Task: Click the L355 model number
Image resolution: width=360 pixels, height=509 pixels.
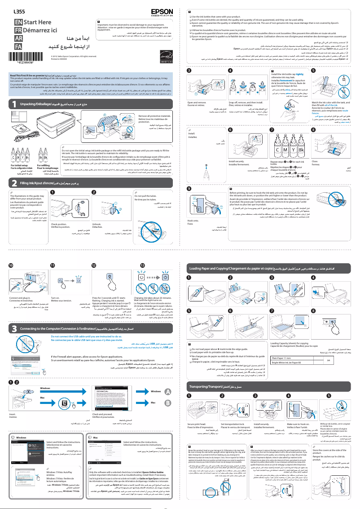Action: click(x=19, y=10)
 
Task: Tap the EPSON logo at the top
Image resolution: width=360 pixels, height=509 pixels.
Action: click(x=163, y=9)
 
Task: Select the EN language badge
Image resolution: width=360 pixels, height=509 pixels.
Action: click(x=18, y=22)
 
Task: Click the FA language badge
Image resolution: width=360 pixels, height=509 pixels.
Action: click(x=18, y=46)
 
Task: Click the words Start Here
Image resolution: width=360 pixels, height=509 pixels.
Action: click(x=38, y=22)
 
